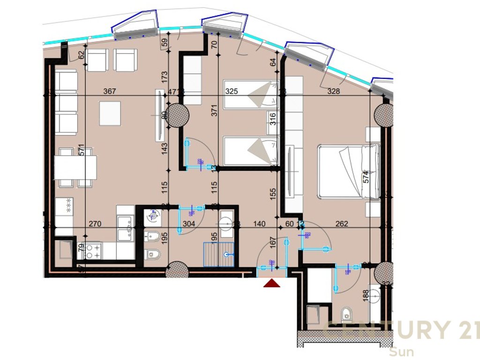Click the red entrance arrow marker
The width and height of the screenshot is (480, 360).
coord(272,283)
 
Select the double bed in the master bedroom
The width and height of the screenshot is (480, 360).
coord(349,172)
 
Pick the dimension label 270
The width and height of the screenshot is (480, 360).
coord(96,224)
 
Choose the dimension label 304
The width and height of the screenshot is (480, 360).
coord(188,224)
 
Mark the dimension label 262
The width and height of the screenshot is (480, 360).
coord(342,224)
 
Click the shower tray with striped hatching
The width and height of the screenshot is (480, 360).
coord(218,254)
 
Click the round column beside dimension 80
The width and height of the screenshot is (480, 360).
coord(177,114)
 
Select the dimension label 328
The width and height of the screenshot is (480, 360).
coord(334,91)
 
